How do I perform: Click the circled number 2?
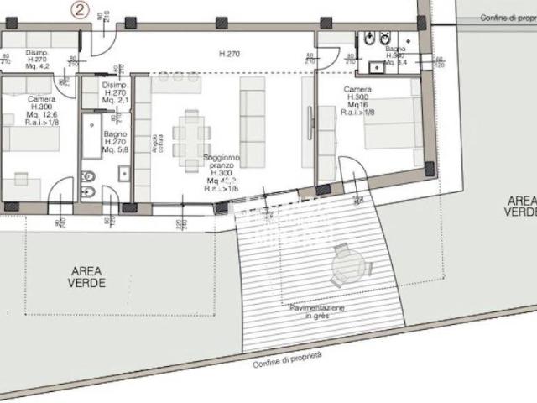tap(80, 11)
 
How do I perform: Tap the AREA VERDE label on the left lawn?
tap(87, 277)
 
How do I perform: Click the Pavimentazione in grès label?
tap(318, 312)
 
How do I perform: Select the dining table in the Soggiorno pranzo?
tap(192, 134)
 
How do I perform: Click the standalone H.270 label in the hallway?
tap(230, 55)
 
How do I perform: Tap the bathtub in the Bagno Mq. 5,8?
tap(91, 138)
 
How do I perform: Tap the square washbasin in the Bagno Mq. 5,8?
tap(123, 174)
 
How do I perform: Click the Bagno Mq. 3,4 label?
tap(396, 55)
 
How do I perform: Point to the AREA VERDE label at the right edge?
tap(520, 206)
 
